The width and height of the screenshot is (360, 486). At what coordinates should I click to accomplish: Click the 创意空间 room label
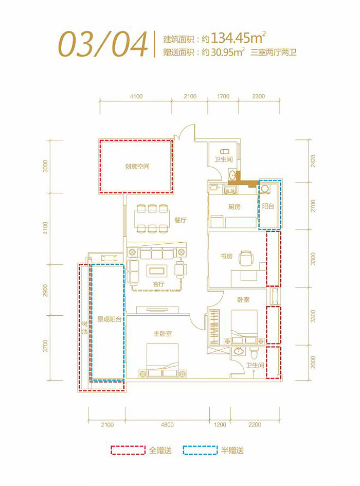[x=137, y=167]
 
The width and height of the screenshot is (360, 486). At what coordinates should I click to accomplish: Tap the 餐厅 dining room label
[x=180, y=221]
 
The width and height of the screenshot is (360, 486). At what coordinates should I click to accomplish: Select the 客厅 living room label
[x=158, y=284]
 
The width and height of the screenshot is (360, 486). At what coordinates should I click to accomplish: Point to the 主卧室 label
[x=163, y=334]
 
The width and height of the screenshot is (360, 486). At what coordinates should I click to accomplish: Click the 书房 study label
[x=226, y=256]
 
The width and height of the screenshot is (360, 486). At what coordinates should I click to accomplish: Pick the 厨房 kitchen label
[x=234, y=207]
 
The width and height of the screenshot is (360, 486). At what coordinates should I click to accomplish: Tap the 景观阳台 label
[x=109, y=319]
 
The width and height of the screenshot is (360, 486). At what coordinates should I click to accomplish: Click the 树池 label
[x=85, y=328]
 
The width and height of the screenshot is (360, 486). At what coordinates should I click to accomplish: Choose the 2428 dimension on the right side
[x=313, y=161]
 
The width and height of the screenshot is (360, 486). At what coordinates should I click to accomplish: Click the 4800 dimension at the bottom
[x=167, y=425]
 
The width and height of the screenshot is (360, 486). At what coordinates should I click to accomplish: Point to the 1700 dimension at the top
[x=223, y=96]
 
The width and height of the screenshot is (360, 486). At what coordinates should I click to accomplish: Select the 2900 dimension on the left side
[x=46, y=290]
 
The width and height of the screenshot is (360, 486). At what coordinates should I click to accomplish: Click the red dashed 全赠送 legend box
[x=128, y=450]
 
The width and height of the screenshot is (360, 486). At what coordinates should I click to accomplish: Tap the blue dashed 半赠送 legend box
[x=200, y=450]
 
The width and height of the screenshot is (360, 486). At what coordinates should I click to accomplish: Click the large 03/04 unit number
[x=103, y=44]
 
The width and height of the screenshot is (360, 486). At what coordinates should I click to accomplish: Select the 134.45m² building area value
[x=238, y=38]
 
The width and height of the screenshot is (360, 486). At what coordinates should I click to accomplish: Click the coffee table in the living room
[x=157, y=271]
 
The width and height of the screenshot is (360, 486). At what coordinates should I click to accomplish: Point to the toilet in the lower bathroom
[x=254, y=353]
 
